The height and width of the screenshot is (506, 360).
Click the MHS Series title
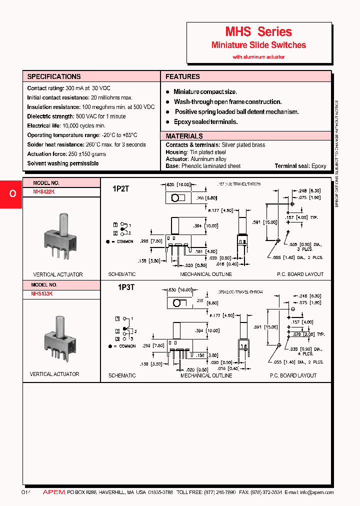(x=258, y=32)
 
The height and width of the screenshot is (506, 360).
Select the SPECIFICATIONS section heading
(x=53, y=76)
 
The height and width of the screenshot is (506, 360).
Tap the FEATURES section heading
(x=182, y=76)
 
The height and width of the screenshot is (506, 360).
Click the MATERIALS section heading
(x=184, y=136)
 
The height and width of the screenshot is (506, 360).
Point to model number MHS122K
(x=44, y=192)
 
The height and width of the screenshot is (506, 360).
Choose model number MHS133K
(x=42, y=293)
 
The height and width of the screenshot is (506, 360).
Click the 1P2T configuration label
(x=121, y=189)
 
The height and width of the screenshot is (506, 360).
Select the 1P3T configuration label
(x=125, y=288)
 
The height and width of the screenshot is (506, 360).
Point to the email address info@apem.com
(x=316, y=492)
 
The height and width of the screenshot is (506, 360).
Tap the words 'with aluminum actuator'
(x=258, y=57)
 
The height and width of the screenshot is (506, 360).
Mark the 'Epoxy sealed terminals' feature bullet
(x=205, y=122)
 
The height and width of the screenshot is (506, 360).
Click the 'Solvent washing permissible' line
(x=62, y=163)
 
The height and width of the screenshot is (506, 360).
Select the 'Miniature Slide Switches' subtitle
(x=258, y=45)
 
